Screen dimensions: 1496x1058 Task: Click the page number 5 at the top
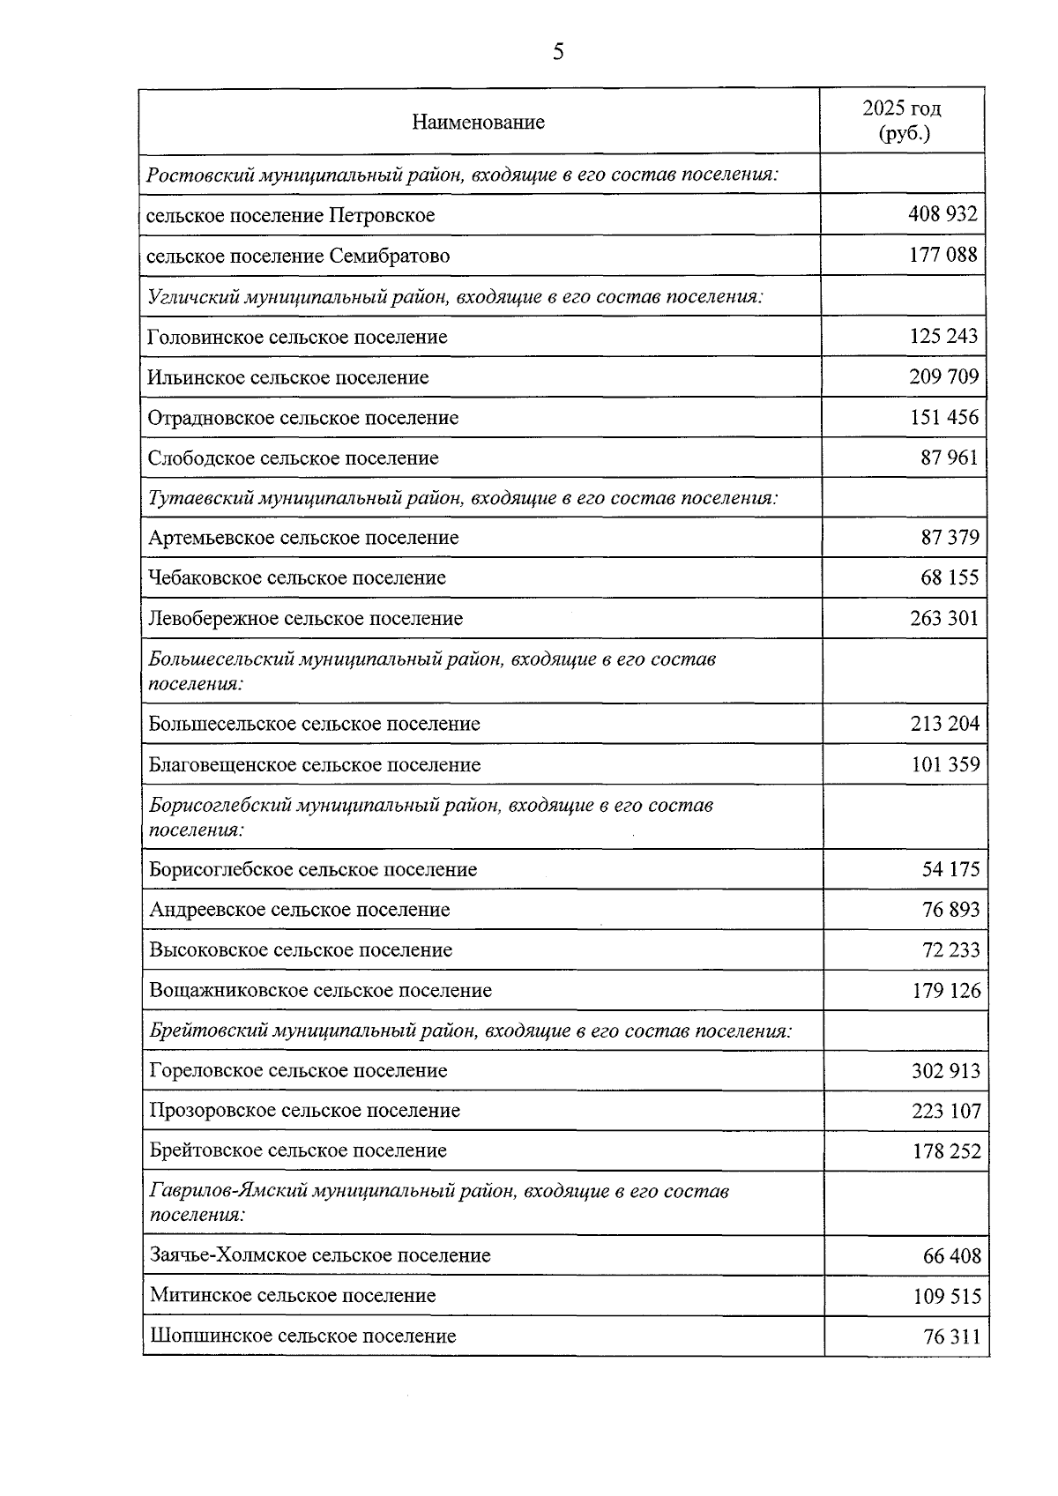point(557,52)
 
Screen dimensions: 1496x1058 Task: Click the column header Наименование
point(478,123)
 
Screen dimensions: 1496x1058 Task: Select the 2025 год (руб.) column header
point(901,121)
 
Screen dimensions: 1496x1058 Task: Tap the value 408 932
point(943,214)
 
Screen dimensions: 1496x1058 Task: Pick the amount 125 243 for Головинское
point(943,336)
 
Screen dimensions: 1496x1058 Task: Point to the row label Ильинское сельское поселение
point(288,377)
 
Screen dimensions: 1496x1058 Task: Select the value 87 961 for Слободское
point(950,458)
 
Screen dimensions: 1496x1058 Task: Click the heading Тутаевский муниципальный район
point(462,497)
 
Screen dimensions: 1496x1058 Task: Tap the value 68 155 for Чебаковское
point(950,577)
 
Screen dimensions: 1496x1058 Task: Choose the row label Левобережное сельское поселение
point(306,618)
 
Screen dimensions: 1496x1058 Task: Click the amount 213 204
point(944,724)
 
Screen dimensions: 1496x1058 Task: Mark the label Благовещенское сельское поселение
point(315,764)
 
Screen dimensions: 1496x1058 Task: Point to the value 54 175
point(950,869)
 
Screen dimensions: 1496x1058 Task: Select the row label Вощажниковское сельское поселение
point(320,990)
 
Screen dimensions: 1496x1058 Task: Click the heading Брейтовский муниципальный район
point(470,1030)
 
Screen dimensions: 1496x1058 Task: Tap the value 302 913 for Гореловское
point(945,1070)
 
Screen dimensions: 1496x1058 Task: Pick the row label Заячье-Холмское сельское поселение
point(320,1254)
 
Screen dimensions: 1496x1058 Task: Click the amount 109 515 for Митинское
point(946,1296)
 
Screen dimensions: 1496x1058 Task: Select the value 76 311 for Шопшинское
point(951,1336)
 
